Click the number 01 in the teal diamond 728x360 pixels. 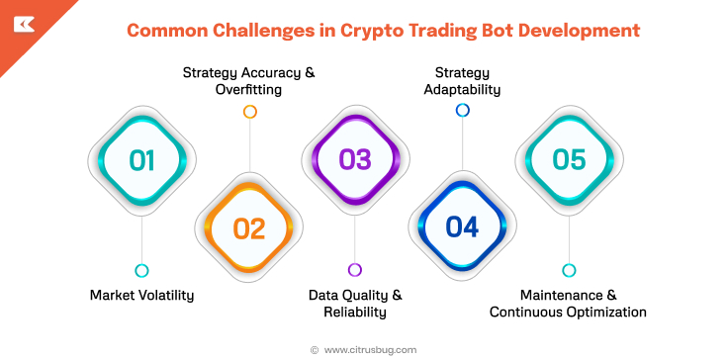point(142,159)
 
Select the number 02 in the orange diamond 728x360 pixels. point(249,227)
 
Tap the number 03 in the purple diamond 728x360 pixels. point(355,159)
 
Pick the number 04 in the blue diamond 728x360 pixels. point(462,227)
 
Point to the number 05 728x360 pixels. point(569,159)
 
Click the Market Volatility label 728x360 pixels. point(141,295)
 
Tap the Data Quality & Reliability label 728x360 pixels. point(355,303)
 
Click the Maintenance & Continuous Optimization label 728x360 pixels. point(568,303)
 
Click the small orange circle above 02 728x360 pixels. point(250,112)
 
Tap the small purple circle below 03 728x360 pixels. point(355,270)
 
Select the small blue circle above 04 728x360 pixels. point(462,111)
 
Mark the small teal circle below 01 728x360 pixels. point(141,270)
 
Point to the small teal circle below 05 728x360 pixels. point(569,270)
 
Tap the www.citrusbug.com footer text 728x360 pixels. point(370,349)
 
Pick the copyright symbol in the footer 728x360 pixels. point(314,349)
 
